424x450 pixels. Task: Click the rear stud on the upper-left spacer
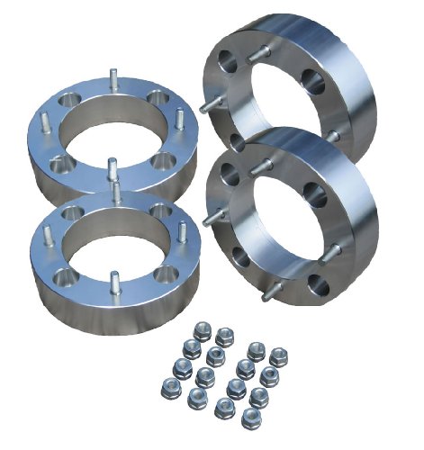point(113,79)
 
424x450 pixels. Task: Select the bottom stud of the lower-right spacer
point(273,292)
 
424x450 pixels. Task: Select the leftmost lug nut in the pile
point(167,388)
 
